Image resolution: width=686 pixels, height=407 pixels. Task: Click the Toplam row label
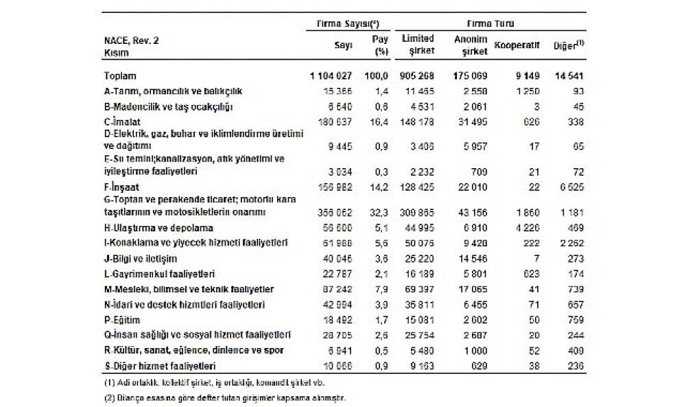pyautogui.click(x=120, y=75)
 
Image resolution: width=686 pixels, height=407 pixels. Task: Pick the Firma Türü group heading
pyautogui.click(x=491, y=23)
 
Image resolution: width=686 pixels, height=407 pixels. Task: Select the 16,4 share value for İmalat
pyautogui.click(x=379, y=121)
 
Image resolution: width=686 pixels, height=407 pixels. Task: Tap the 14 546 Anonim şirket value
pyautogui.click(x=473, y=259)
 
